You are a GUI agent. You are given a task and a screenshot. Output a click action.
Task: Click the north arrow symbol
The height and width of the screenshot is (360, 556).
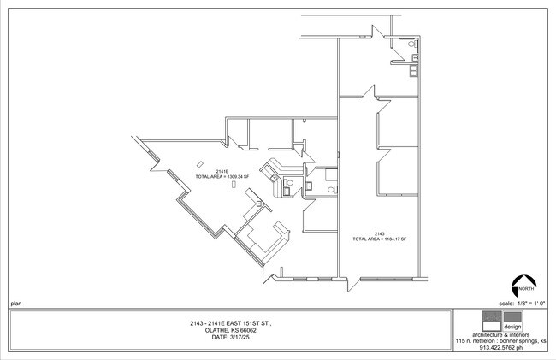(523, 285)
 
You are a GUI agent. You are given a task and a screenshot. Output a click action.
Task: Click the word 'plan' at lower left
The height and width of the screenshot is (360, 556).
(15, 304)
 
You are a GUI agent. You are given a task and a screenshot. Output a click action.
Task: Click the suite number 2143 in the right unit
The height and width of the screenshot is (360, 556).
(379, 233)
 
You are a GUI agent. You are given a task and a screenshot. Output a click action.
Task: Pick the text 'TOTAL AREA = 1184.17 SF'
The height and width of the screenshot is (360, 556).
(379, 239)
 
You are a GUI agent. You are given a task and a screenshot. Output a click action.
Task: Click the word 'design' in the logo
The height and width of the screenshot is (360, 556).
(512, 326)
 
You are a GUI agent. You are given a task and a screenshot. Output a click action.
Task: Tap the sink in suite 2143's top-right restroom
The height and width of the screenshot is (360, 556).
(415, 58)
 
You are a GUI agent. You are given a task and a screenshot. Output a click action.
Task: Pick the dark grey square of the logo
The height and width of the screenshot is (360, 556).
(512, 316)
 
